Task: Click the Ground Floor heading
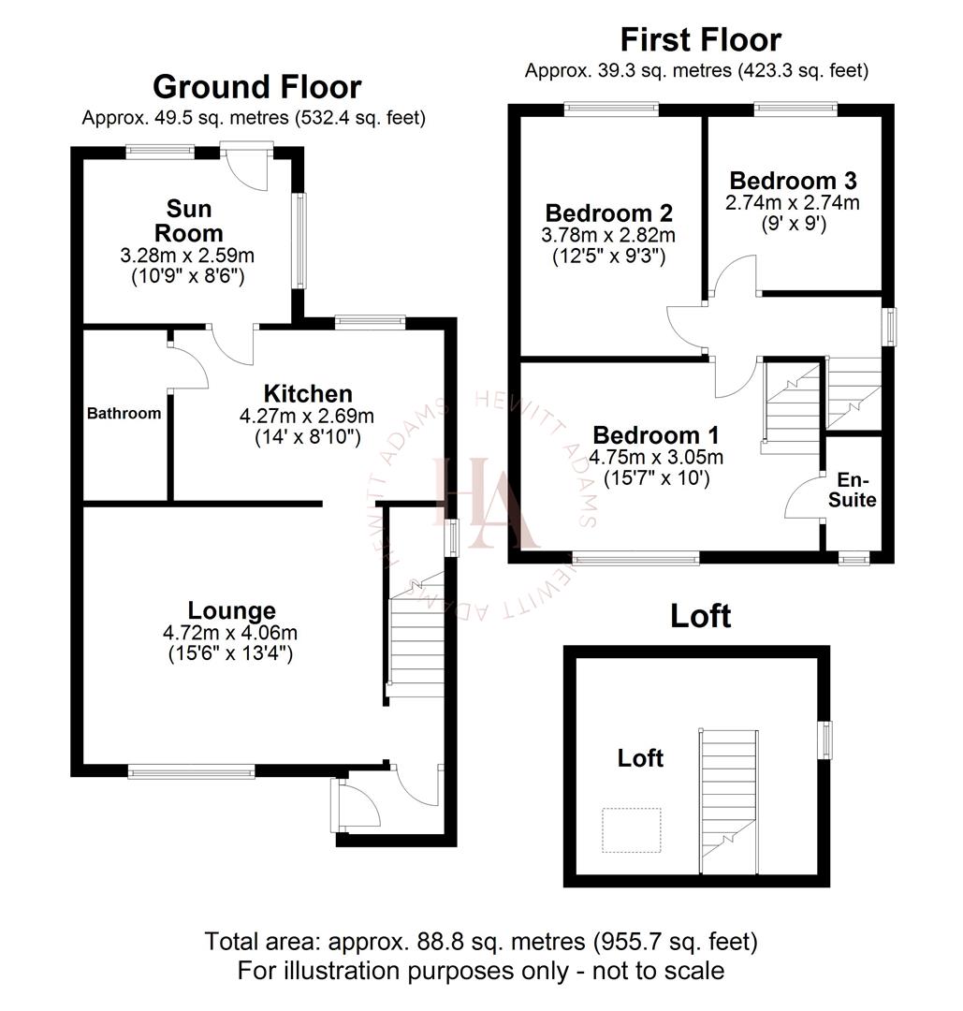(256, 87)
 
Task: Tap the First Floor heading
(700, 40)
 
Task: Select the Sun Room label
(188, 220)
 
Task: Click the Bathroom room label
(124, 413)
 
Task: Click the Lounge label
(231, 611)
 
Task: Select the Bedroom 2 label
(609, 212)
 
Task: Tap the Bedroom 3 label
(793, 180)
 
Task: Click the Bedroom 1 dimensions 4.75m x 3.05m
(656, 458)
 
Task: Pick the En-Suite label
(856, 491)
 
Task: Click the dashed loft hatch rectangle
(631, 830)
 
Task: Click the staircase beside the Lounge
(416, 637)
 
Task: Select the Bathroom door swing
(188, 365)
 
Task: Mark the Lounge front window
(191, 772)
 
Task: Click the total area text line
(481, 940)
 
